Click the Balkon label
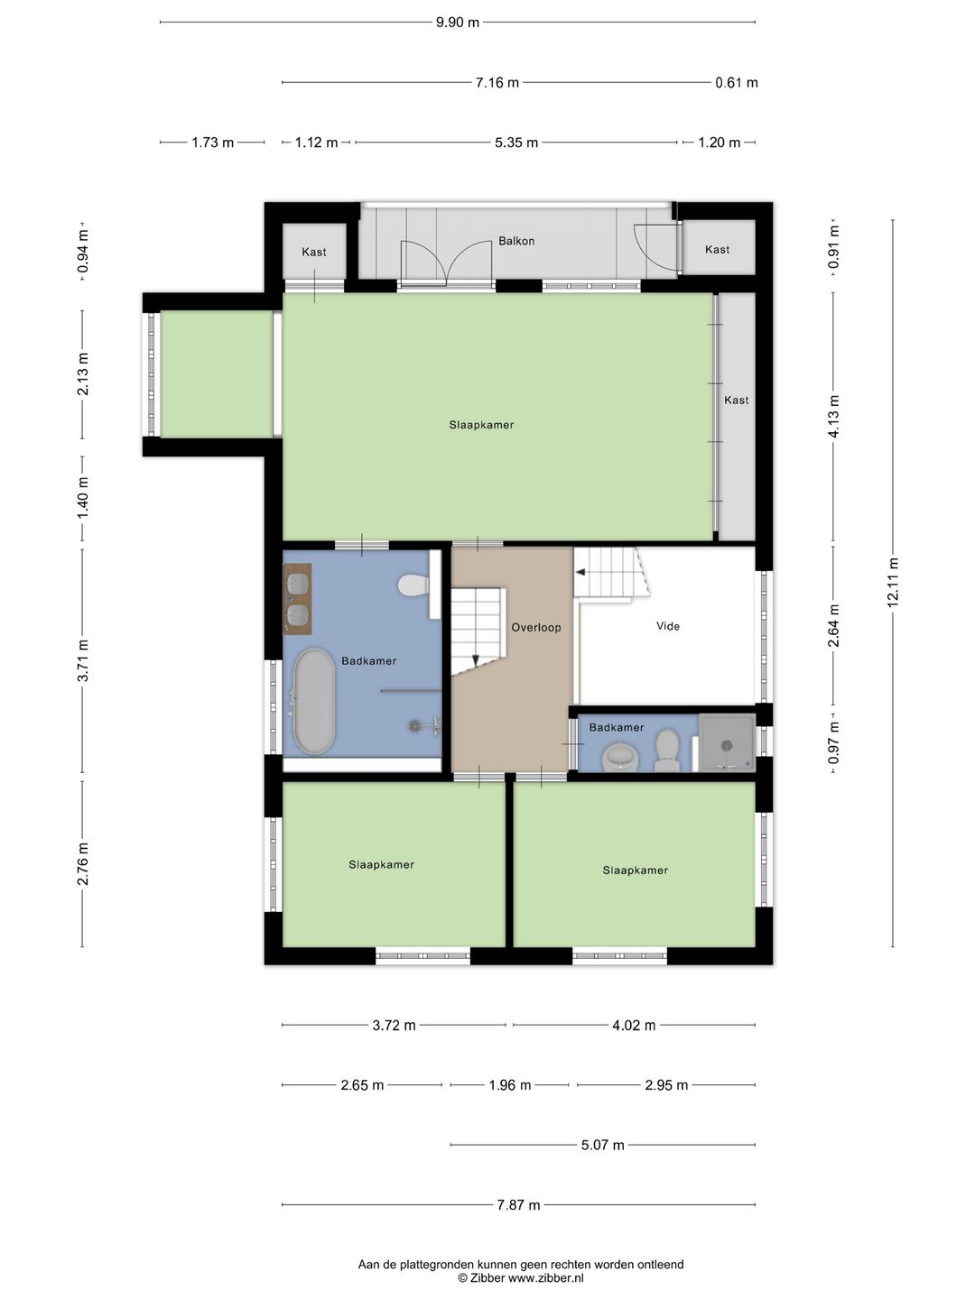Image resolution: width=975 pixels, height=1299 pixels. tap(516, 241)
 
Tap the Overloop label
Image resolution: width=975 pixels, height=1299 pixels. tap(535, 627)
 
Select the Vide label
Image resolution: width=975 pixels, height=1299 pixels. tap(668, 626)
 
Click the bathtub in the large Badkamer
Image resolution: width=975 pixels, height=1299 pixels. tap(314, 701)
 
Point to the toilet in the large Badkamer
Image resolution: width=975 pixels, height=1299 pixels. tap(413, 585)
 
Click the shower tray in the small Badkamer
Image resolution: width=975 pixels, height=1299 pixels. tap(727, 742)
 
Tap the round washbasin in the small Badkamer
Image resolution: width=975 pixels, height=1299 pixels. tap(620, 758)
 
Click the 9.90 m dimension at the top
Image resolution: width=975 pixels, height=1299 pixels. tap(458, 23)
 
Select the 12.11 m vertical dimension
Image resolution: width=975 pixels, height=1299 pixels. tap(894, 583)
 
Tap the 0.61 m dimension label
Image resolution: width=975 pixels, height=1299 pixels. tap(737, 83)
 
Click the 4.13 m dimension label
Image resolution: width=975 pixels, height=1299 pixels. tap(833, 417)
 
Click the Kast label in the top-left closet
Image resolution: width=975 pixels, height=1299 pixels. tap(314, 252)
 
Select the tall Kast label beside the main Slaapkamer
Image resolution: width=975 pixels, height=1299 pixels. tap(737, 400)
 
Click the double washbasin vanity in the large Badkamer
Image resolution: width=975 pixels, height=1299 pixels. tap(297, 599)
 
